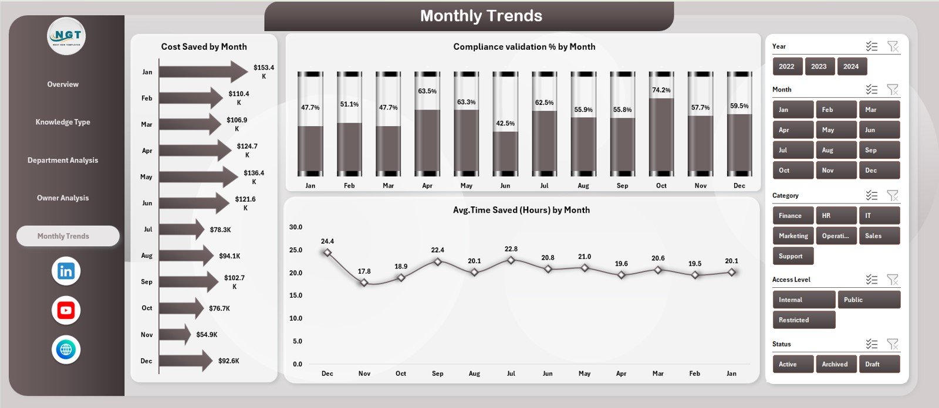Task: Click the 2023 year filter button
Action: click(x=819, y=66)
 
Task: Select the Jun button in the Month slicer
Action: click(x=879, y=130)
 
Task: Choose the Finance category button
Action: click(x=792, y=216)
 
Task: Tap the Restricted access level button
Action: click(x=803, y=320)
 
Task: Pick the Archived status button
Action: click(x=835, y=364)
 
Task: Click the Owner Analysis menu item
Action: click(x=63, y=198)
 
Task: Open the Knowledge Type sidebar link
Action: click(x=63, y=122)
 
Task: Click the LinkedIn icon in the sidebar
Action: click(x=66, y=271)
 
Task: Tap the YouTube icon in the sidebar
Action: click(x=66, y=311)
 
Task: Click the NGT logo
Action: click(x=66, y=36)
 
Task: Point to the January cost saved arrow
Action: click(x=203, y=72)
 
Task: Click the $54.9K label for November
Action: click(x=207, y=335)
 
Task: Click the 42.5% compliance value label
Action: click(x=505, y=124)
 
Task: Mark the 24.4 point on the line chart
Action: click(x=327, y=253)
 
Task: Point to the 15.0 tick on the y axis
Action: click(x=295, y=295)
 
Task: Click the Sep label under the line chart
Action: click(x=437, y=373)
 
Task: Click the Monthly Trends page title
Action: click(x=481, y=16)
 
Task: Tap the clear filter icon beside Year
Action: click(x=893, y=46)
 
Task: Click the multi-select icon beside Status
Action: click(x=872, y=344)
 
